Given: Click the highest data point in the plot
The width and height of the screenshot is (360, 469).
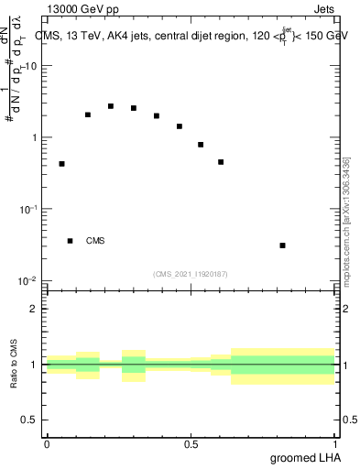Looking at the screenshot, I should [111, 106].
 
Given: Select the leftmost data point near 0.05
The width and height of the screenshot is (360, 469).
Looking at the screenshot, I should [61, 164].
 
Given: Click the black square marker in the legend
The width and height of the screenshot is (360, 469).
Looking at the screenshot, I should [70, 241].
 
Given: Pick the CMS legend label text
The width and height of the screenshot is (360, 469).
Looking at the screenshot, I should [95, 241].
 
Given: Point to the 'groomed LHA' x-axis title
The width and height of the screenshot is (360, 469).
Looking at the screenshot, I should [304, 457].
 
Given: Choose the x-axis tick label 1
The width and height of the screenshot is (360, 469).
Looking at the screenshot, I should [334, 443].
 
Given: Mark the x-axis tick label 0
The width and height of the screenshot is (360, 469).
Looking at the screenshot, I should [47, 443].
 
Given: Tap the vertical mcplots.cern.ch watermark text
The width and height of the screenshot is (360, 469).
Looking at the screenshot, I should [346, 220].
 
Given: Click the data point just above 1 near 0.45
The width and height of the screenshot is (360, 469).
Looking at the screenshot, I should [180, 126].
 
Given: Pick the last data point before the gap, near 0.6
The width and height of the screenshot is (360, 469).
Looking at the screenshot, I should [221, 162].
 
